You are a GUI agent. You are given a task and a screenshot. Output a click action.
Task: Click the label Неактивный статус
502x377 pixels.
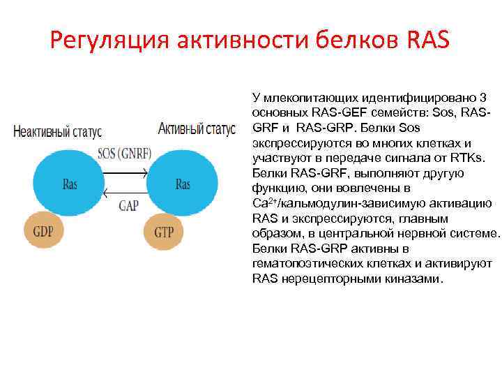pos(57,131)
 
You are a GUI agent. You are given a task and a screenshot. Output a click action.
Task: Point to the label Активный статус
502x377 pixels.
pos(196,130)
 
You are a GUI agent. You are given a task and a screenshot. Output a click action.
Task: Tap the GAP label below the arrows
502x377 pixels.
pos(128,205)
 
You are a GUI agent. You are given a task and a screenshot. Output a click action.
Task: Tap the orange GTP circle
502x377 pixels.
pos(164,232)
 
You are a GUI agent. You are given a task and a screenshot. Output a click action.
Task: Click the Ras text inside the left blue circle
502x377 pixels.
pos(70,185)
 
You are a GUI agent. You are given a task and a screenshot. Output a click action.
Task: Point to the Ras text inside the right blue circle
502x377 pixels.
pos(183,185)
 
